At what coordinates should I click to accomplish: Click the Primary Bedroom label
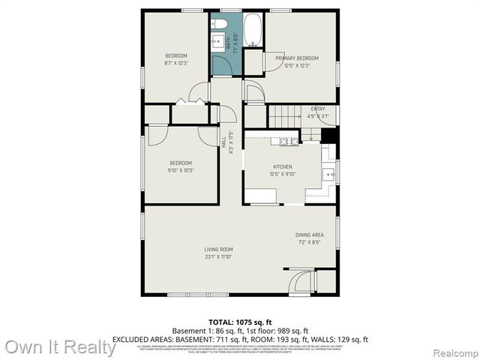(x=297, y=58)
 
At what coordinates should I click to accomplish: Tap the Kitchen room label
(x=282, y=166)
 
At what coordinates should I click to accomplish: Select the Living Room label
(x=219, y=250)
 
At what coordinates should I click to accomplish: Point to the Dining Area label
(x=309, y=235)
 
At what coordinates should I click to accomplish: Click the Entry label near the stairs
(x=318, y=109)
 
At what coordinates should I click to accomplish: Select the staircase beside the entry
(x=285, y=116)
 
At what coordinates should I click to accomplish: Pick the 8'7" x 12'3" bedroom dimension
(x=176, y=63)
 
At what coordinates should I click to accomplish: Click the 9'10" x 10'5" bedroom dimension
(x=181, y=170)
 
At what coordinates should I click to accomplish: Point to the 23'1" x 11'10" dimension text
(x=219, y=257)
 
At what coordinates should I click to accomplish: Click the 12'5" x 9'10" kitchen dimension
(x=283, y=174)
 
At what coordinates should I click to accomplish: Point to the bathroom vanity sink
(x=220, y=42)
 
